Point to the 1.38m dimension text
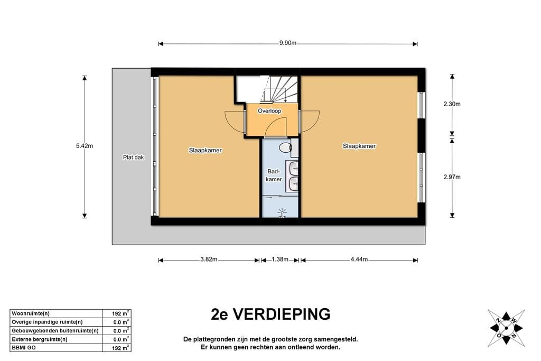pyautogui.click(x=279, y=260)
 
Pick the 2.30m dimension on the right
pyautogui.click(x=452, y=104)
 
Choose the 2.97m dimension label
pyautogui.click(x=452, y=177)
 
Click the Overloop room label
pyautogui.click(x=269, y=111)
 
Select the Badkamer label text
pyautogui.click(x=274, y=175)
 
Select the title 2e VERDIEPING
pyautogui.click(x=270, y=314)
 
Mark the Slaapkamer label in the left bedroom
pyautogui.click(x=205, y=150)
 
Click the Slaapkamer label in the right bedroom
pyautogui.click(x=359, y=146)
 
